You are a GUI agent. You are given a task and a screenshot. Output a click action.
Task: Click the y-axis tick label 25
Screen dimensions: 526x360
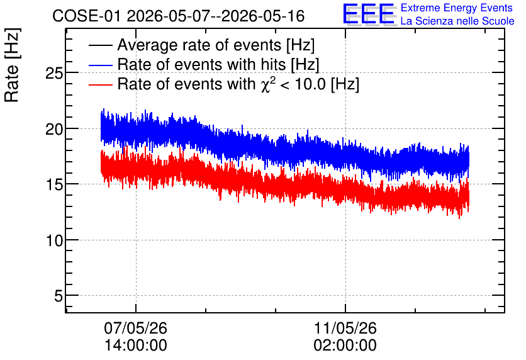click(54, 73)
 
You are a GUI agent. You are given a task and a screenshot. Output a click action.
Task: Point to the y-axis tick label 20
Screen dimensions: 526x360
click(54, 129)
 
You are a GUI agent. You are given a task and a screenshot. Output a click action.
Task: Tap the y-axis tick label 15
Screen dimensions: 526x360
click(54, 184)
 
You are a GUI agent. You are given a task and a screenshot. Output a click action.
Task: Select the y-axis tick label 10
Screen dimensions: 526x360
click(54, 240)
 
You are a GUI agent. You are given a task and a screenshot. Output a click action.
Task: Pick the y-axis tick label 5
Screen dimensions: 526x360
click(59, 296)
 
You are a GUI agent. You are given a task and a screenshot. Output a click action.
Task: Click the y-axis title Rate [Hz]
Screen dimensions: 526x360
click(12, 65)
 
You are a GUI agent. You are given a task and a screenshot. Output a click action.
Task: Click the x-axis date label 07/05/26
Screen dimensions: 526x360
click(135, 328)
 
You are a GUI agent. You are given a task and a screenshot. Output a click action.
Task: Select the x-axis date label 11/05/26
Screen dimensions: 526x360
click(345, 328)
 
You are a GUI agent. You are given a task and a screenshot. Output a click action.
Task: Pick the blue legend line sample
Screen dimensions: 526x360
click(100, 65)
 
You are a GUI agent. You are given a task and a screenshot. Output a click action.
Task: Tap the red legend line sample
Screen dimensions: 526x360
click(100, 84)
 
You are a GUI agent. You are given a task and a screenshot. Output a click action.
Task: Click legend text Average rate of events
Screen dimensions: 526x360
click(199, 45)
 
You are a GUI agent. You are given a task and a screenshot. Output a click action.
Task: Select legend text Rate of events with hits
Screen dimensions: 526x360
click(201, 64)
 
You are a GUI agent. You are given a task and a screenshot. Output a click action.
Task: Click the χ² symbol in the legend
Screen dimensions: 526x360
click(267, 84)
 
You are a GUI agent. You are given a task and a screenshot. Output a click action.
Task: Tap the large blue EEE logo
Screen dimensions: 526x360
click(369, 14)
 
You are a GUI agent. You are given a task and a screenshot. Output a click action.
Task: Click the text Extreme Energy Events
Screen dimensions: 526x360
click(457, 8)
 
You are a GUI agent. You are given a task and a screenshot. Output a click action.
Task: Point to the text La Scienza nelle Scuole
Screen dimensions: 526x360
click(457, 21)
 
